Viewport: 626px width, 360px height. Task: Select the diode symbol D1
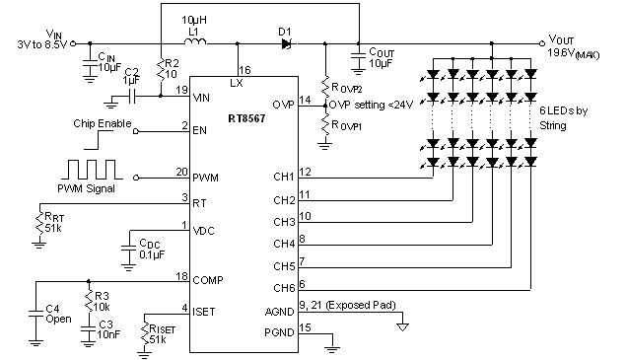(x=285, y=42)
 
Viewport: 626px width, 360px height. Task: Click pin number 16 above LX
(x=244, y=70)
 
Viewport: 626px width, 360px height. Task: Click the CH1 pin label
(x=283, y=178)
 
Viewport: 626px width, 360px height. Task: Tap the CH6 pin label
(x=283, y=287)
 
